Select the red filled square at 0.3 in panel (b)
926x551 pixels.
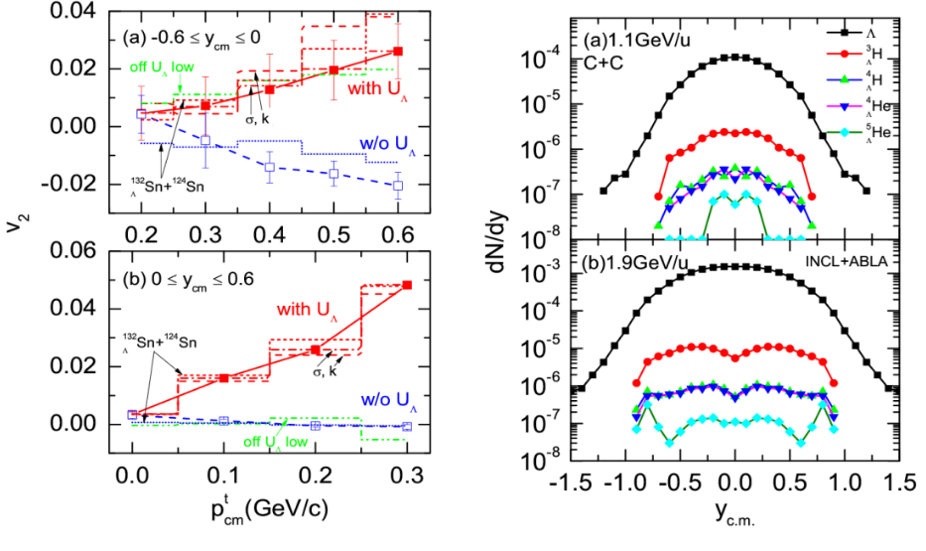click(407, 285)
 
